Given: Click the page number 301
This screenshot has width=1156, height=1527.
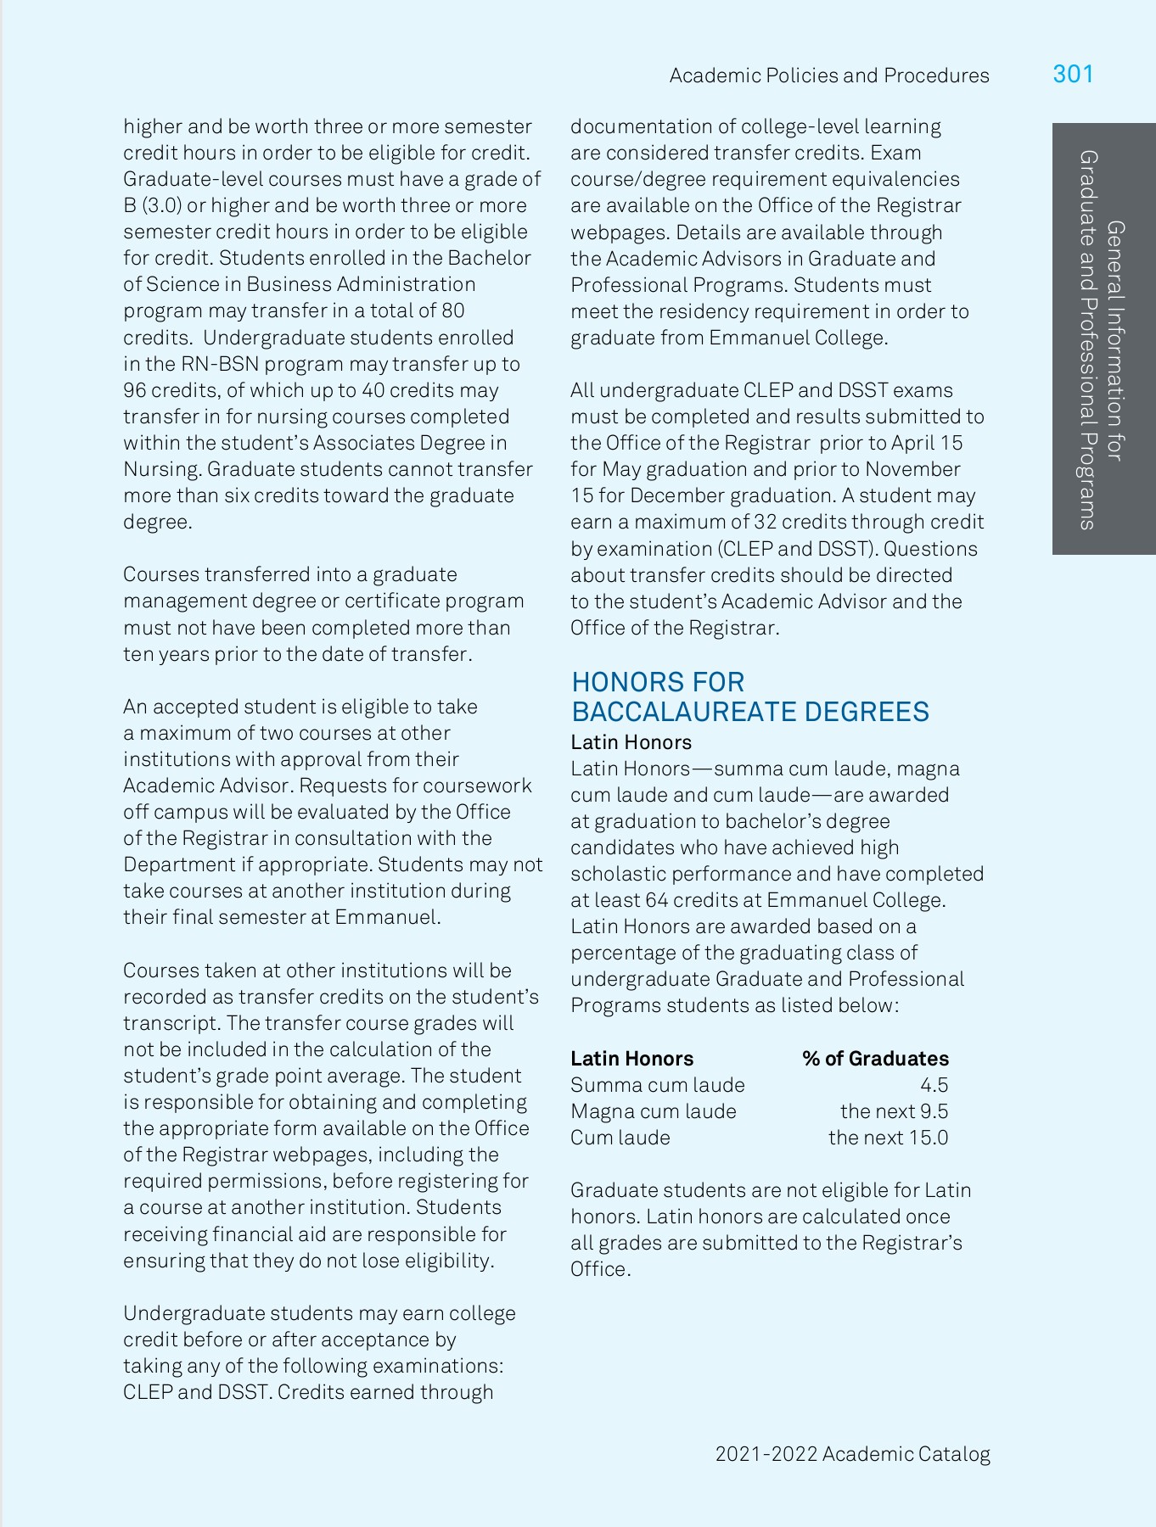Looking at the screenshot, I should (x=1073, y=75).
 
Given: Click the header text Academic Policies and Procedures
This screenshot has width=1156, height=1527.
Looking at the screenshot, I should (x=829, y=76).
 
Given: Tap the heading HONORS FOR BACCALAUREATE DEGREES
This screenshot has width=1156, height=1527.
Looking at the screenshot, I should (x=749, y=696).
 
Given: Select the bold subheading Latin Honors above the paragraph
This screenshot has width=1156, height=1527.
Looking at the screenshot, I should (x=631, y=742).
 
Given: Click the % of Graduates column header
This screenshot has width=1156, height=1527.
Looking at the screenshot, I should (x=875, y=1059).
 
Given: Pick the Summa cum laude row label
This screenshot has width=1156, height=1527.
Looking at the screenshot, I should (x=657, y=1085).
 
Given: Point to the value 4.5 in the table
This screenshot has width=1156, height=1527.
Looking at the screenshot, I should (x=934, y=1085).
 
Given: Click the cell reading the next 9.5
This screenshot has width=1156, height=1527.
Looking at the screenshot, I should (x=894, y=1111).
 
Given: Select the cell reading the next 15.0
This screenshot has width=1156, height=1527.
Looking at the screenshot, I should (x=888, y=1138).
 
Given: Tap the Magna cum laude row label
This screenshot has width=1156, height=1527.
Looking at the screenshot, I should (x=653, y=1111).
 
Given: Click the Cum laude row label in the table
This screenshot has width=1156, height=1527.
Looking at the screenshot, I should (x=620, y=1138).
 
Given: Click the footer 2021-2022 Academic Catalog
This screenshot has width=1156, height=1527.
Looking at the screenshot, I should (x=852, y=1454).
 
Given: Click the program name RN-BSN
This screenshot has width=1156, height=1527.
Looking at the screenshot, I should (x=217, y=364).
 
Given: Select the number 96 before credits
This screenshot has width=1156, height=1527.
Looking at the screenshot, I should (x=135, y=390).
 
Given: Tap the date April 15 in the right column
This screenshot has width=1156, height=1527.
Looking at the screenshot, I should (x=927, y=443).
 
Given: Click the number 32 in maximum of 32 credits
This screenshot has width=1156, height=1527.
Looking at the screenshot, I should (x=765, y=522).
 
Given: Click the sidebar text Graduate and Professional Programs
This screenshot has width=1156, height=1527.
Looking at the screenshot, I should (x=1087, y=339).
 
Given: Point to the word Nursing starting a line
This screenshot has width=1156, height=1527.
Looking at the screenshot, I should (x=161, y=469).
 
